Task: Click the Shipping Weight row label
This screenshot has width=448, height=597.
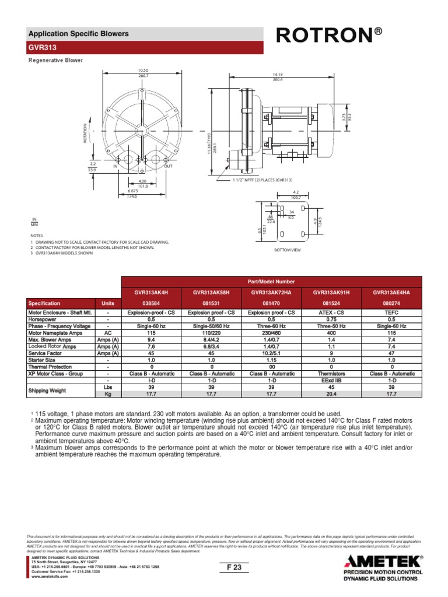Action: point(47,390)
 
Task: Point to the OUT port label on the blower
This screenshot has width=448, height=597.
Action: point(169,167)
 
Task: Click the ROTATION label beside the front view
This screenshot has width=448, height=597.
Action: point(85,133)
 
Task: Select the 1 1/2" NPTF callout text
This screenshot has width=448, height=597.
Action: point(262,180)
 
